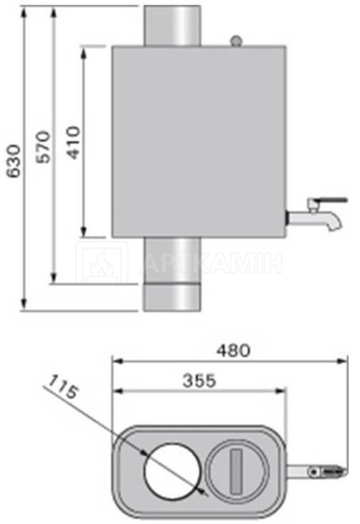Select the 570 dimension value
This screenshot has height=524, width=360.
click(44, 147)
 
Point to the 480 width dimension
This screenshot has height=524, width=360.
click(233, 351)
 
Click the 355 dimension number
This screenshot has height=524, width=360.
click(199, 381)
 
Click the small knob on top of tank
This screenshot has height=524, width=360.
click(236, 40)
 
